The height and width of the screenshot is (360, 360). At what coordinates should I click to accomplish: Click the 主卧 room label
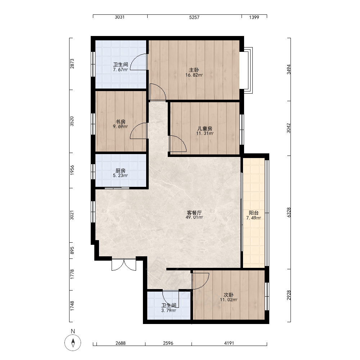(x=194, y=70)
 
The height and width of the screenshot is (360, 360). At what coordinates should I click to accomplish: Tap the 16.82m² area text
(x=194, y=75)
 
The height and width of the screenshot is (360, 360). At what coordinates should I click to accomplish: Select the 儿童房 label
(x=205, y=129)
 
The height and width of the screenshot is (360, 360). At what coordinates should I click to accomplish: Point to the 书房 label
(x=121, y=122)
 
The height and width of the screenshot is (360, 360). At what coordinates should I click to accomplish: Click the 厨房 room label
(x=121, y=171)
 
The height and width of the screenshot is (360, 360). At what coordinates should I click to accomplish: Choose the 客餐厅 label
(x=194, y=213)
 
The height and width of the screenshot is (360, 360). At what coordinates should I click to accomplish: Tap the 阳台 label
(x=254, y=213)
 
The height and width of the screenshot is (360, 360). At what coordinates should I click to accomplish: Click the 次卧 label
(x=229, y=295)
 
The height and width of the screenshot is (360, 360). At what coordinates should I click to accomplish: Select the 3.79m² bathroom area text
(x=169, y=311)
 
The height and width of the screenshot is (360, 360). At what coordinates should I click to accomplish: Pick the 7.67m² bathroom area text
(x=121, y=69)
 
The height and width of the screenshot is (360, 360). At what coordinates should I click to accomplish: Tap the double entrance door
(x=124, y=265)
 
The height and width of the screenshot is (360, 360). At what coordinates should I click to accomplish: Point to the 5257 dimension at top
(x=194, y=17)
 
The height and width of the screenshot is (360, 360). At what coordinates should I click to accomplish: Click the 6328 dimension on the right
(x=289, y=212)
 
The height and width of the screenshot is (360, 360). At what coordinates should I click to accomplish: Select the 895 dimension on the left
(x=72, y=251)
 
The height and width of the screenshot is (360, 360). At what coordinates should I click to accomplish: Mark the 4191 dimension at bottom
(x=229, y=343)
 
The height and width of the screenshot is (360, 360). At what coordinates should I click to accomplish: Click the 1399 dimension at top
(x=254, y=17)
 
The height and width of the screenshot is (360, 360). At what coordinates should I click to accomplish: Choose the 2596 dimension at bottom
(x=168, y=343)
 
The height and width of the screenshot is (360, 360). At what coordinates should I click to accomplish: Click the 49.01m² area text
(x=194, y=217)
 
